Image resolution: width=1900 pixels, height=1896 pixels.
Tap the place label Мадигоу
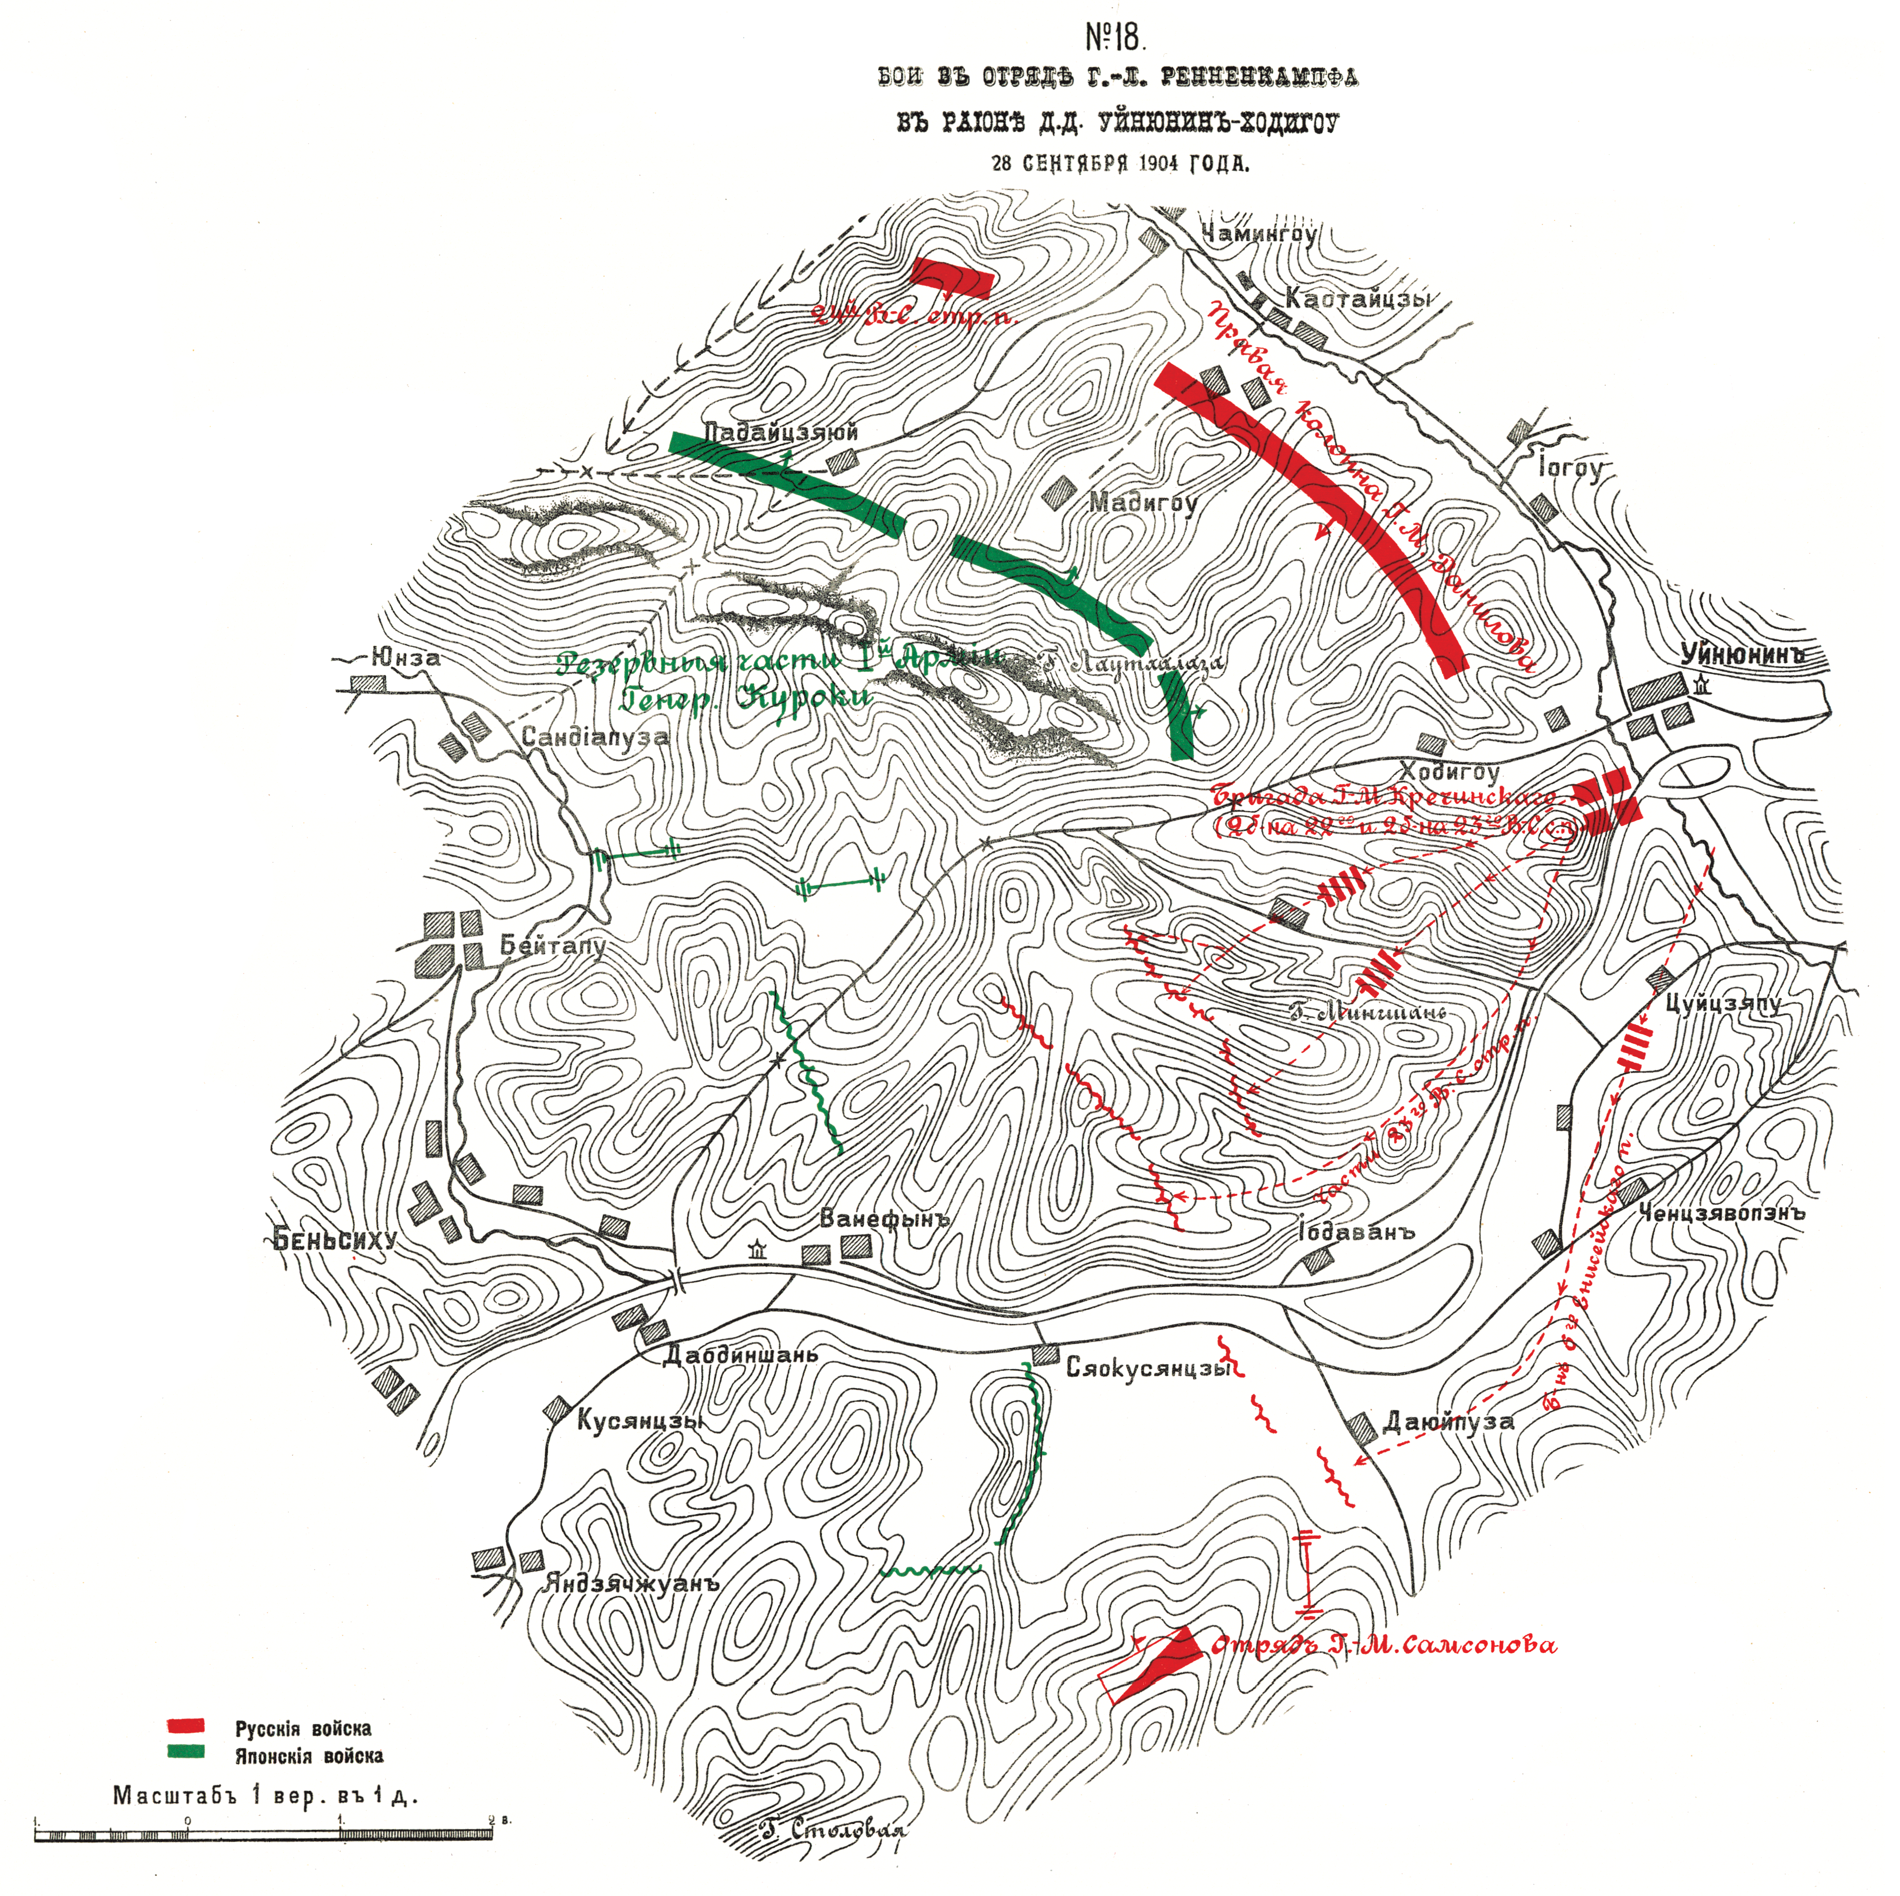pos(1143,503)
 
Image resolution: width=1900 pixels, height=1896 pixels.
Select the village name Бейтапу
pos(553,946)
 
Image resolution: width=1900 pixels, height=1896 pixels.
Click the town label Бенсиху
pos(335,1240)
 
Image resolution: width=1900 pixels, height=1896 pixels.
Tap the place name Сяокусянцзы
pos(1149,1368)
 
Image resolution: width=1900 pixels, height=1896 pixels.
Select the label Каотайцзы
pos(1358,299)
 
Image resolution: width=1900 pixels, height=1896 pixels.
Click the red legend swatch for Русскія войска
pos(186,1725)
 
